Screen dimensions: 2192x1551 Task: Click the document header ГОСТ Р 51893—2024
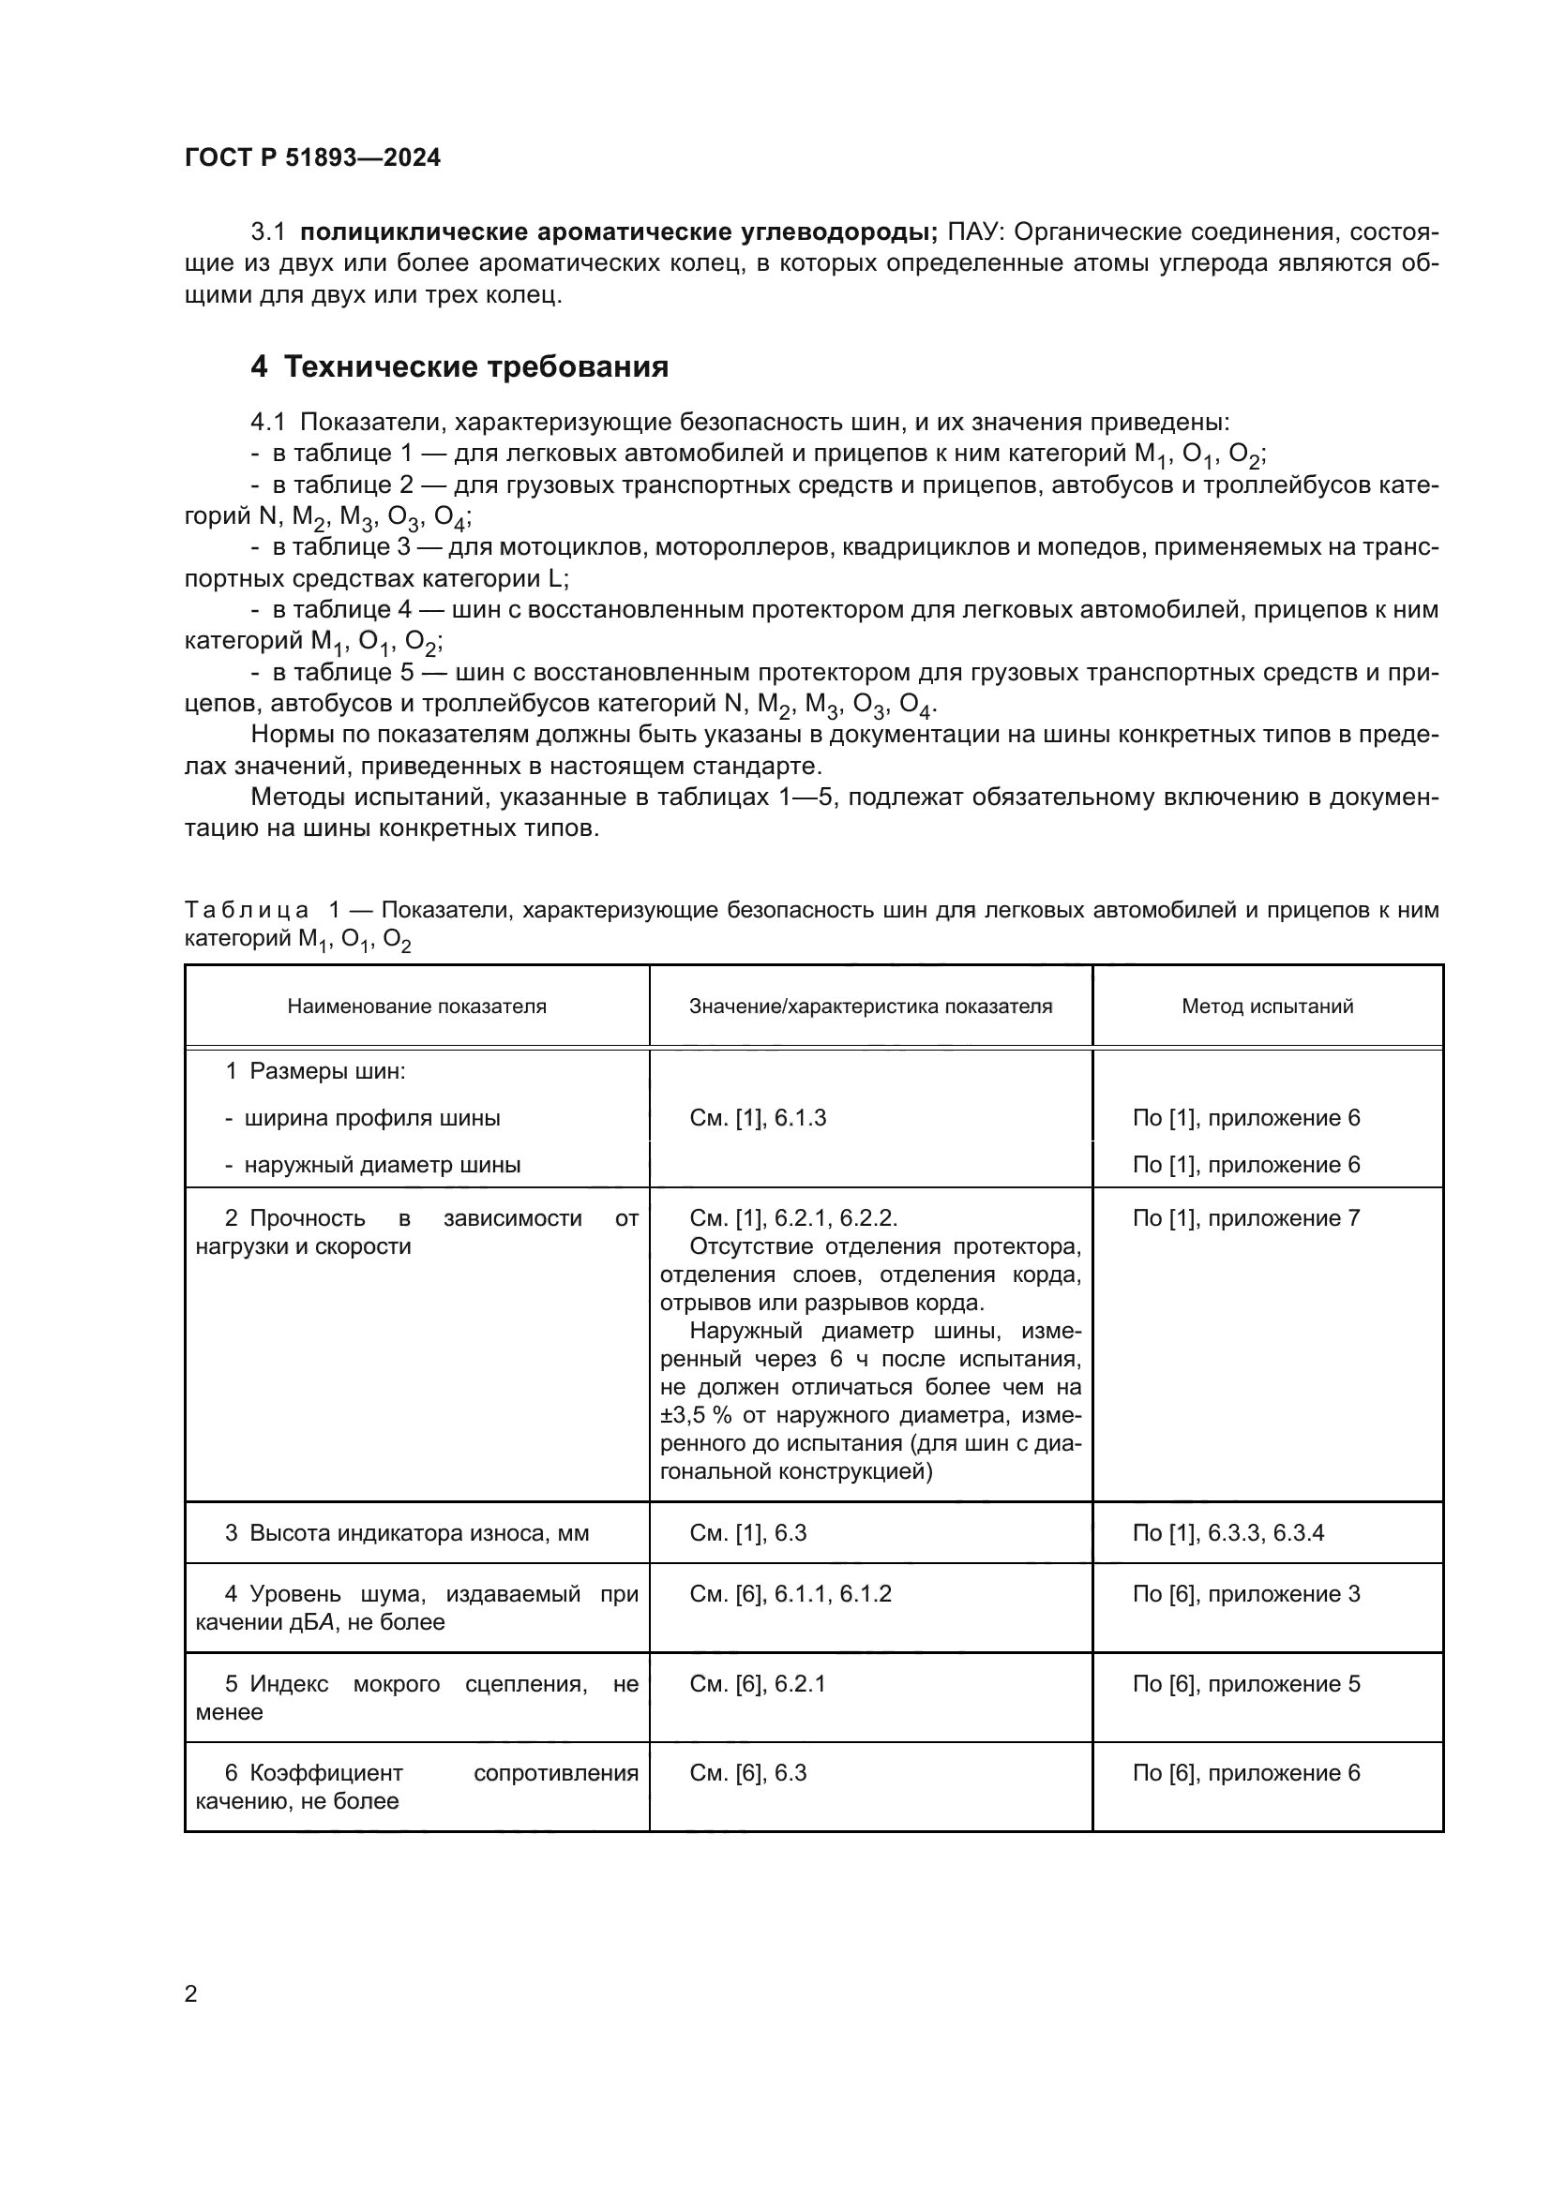pos(312,157)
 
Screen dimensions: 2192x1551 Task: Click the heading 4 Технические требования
pos(459,366)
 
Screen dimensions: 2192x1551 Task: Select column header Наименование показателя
pos(416,1006)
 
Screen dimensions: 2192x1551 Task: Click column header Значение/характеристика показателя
pos(870,1006)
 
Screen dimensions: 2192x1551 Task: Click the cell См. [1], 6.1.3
pos(758,1117)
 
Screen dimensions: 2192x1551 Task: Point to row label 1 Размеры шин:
pos(315,1071)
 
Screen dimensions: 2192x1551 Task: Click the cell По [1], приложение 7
pos(1245,1217)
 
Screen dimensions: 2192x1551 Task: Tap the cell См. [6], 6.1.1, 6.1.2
pos(790,1593)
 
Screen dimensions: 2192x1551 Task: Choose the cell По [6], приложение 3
pos(1245,1593)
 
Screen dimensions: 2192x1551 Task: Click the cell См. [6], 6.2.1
pos(758,1683)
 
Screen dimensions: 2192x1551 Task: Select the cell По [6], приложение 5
pos(1245,1683)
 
